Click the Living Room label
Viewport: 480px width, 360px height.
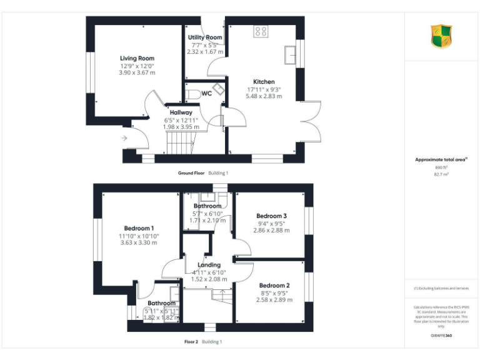[x=137, y=58]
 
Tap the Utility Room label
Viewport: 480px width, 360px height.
[x=205, y=37]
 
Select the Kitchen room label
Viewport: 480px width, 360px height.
[x=264, y=82]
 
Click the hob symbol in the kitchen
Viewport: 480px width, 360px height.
[x=261, y=31]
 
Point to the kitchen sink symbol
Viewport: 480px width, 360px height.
[x=290, y=55]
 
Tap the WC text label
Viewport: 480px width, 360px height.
[x=206, y=94]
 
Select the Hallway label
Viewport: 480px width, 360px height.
[x=181, y=112]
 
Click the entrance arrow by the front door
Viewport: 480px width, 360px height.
[x=124, y=138]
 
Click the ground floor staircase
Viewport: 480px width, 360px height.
[x=182, y=142]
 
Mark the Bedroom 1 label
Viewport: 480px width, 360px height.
[x=139, y=228]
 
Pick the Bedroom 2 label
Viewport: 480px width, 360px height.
[x=274, y=286]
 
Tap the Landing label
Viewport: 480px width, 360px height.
[x=209, y=265]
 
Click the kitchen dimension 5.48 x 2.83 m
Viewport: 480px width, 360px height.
[x=264, y=96]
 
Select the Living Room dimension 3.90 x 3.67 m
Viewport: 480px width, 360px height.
[x=137, y=72]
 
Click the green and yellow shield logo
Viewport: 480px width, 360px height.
[x=441, y=36]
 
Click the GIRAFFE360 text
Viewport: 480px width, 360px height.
[x=441, y=336]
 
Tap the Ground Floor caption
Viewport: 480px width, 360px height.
[x=191, y=172]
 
